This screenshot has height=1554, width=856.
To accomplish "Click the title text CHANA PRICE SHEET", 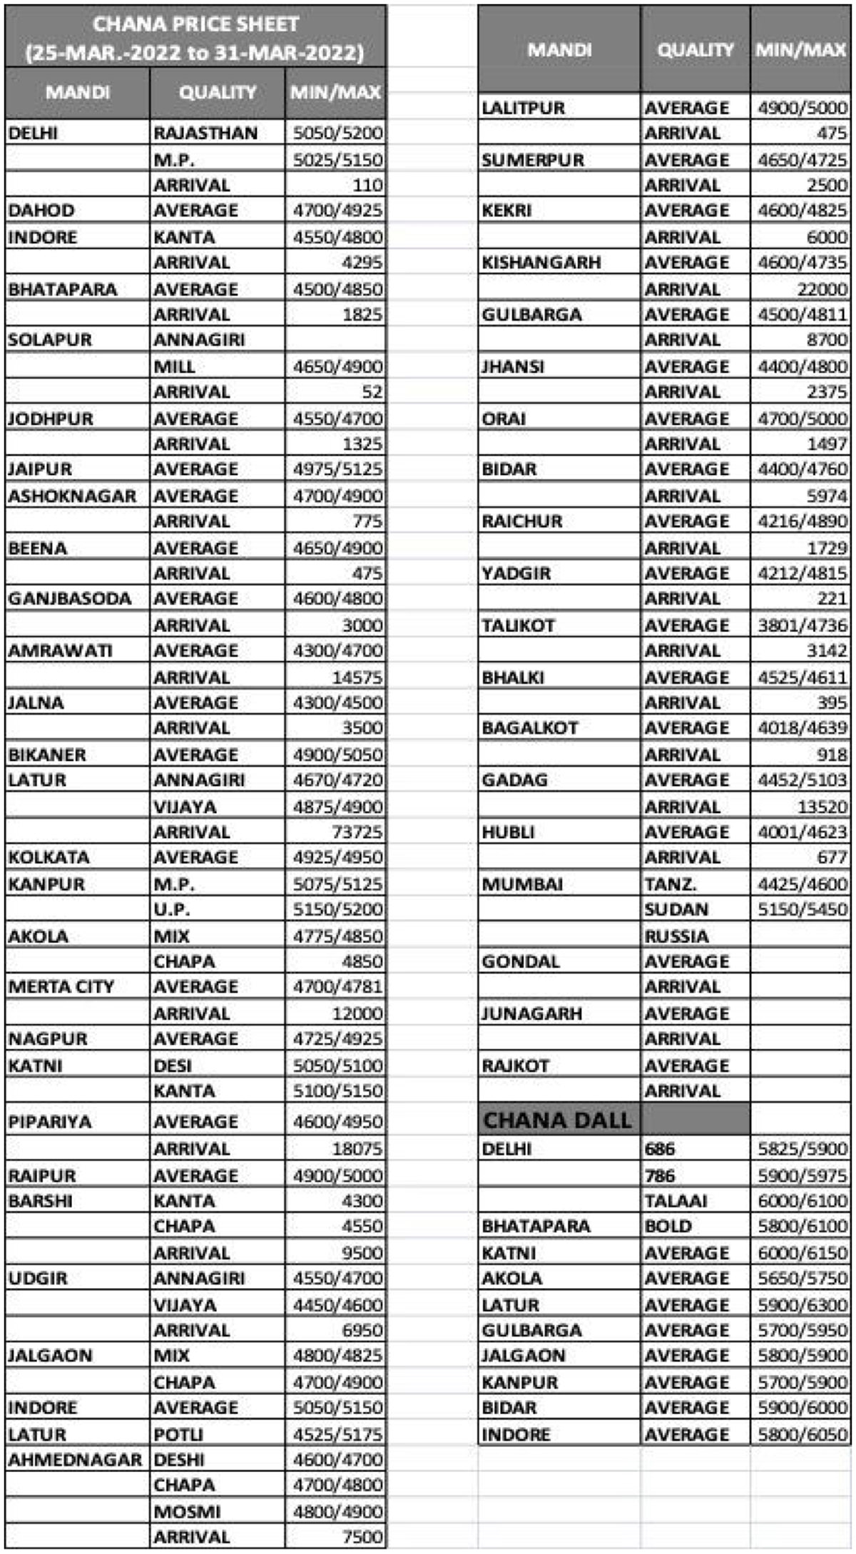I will (195, 24).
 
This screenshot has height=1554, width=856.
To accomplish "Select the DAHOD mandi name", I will (41, 210).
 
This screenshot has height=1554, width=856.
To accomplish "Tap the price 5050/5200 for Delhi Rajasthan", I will (337, 133).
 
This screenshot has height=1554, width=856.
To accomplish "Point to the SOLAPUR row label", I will (50, 339).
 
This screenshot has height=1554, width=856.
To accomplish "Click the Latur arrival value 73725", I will (357, 832).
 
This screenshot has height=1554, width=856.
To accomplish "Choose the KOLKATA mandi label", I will (49, 857).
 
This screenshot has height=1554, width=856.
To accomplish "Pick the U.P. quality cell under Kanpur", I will (172, 909).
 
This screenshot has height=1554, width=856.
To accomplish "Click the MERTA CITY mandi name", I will (61, 987).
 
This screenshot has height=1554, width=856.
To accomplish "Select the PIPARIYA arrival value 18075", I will (357, 1148).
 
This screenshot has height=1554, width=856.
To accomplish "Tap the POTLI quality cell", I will (178, 1433).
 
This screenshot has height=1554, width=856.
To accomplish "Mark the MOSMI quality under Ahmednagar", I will (187, 1511).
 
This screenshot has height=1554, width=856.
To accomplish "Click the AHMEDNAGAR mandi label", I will (75, 1459).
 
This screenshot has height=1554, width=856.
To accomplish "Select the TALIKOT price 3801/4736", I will (802, 625).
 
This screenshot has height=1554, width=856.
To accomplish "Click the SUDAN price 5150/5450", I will (802, 909).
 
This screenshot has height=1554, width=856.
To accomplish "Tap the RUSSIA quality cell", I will (676, 936).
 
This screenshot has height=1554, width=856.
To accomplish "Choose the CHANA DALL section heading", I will (557, 1120).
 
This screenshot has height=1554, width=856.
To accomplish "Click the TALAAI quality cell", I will (676, 1201).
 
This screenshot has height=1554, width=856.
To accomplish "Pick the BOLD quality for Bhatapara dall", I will (668, 1226).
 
